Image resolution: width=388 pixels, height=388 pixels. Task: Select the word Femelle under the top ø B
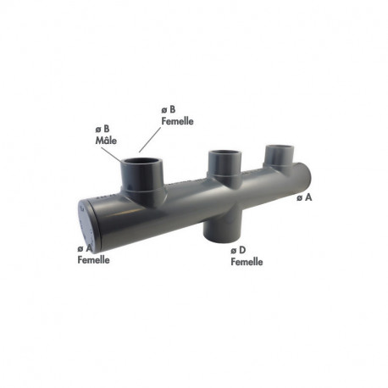(176, 120)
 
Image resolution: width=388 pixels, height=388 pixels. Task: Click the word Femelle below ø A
(92, 259)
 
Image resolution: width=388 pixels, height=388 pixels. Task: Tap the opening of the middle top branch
(224, 153)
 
